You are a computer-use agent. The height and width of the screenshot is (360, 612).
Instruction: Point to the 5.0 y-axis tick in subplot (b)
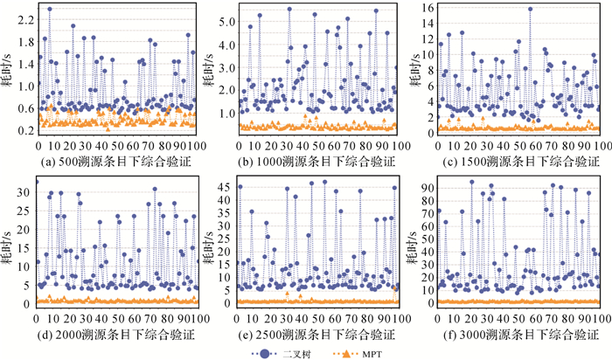point(226,19)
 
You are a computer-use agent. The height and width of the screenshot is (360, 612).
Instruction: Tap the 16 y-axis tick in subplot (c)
point(429,8)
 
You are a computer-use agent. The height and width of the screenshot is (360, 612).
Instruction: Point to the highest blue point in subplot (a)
point(50,10)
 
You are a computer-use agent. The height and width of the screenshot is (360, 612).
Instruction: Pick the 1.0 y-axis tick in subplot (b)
point(226,113)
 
